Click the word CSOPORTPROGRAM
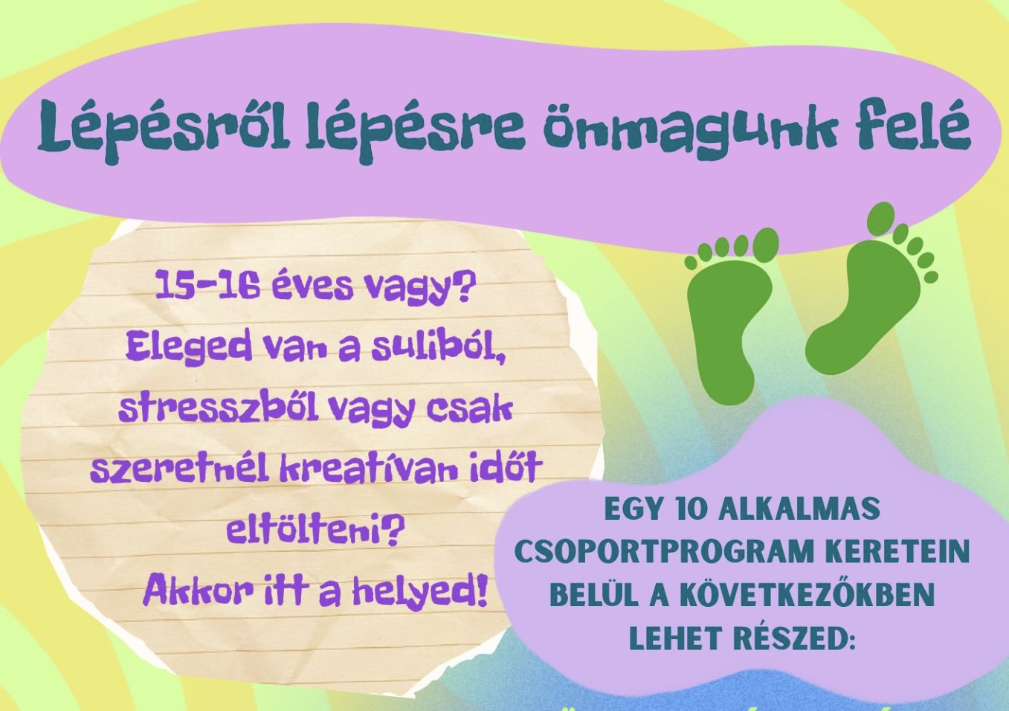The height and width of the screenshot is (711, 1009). (667, 552)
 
